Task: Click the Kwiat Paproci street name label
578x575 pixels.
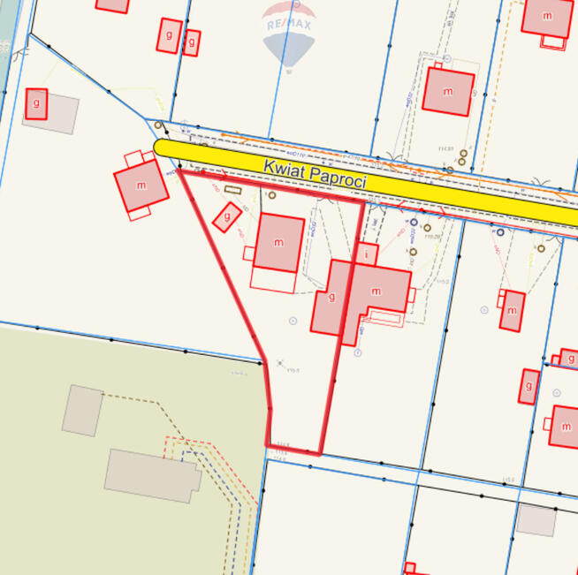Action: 315,174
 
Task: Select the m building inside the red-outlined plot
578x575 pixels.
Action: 278,242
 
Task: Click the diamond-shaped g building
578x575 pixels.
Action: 228,216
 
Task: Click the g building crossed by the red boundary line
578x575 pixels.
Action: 331,298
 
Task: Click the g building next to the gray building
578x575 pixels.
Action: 36,103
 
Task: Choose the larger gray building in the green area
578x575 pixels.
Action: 152,475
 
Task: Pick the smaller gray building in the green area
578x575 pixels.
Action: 82,411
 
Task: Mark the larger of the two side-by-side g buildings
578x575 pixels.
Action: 168,35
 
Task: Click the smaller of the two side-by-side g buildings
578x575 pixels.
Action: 191,42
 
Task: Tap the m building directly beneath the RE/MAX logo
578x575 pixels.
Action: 447,91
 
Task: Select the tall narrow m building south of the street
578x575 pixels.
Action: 512,310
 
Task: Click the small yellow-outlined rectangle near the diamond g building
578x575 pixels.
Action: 232,189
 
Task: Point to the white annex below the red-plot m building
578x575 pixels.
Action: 273,279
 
